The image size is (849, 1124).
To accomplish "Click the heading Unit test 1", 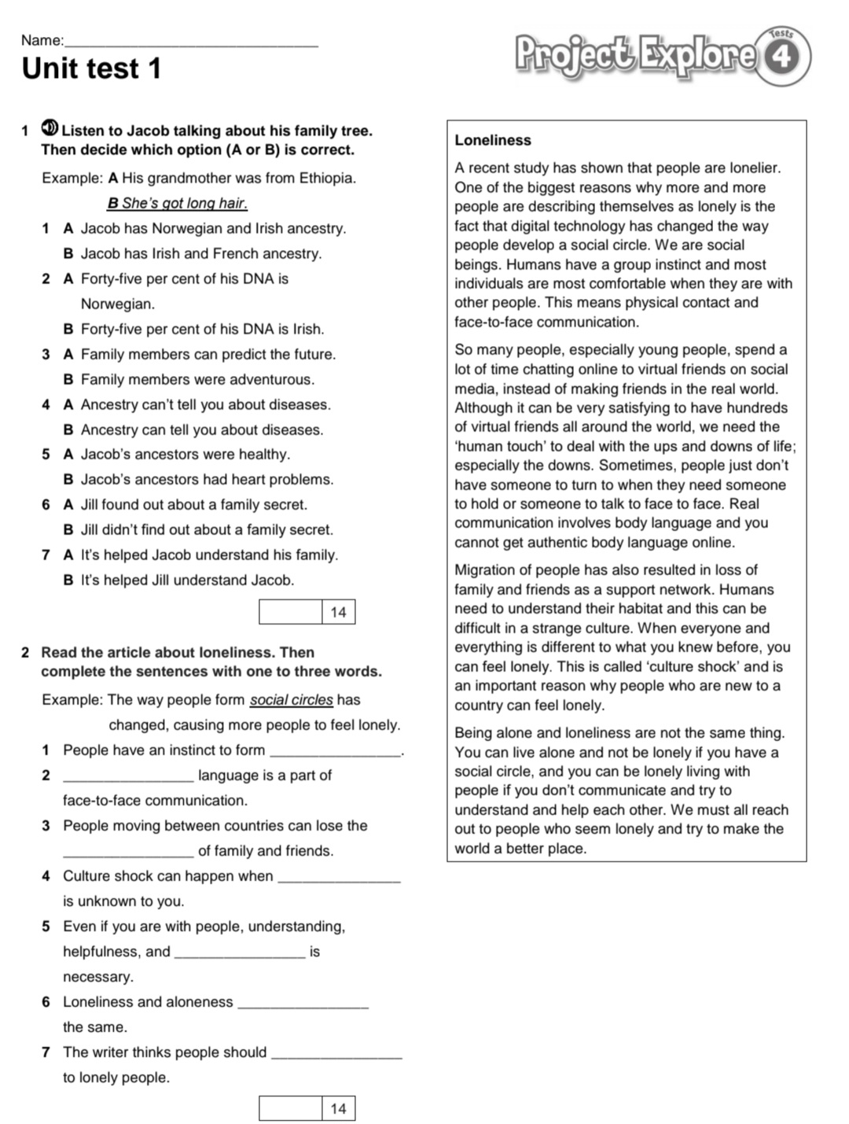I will coord(91,69).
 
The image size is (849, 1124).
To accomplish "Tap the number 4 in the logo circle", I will coord(781,57).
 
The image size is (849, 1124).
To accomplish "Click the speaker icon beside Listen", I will coord(50,128).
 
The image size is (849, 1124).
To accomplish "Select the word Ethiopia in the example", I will coord(327,179).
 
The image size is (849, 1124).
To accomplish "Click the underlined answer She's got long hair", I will coord(177,204).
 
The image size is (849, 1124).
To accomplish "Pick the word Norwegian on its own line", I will coord(118,304).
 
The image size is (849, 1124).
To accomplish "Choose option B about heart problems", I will coord(198,480).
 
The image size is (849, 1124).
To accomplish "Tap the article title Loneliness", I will coord(493,141).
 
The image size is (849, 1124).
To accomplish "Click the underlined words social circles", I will coord(291,700).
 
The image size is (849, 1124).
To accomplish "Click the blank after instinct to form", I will coord(335,752).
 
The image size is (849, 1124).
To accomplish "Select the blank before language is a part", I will coord(127,777).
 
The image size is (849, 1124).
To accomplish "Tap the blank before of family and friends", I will coord(127,853).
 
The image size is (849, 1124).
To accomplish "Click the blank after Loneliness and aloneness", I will coord(303,1004).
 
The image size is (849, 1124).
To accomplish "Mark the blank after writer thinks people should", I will coord(336,1054).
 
